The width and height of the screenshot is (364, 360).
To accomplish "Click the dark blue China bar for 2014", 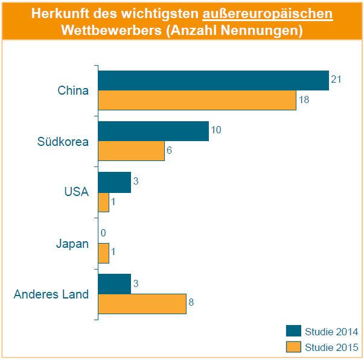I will pyautogui.click(x=213, y=80).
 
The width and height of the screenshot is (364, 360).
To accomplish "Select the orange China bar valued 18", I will pyautogui.click(x=197, y=100).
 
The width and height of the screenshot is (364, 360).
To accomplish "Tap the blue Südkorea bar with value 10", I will pyautogui.click(x=153, y=131).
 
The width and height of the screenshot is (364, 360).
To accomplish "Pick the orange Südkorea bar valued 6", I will pyautogui.click(x=131, y=151).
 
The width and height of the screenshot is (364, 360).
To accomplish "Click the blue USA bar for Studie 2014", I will pyautogui.click(x=114, y=182).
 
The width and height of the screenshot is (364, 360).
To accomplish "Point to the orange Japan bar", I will pyautogui.click(x=103, y=253).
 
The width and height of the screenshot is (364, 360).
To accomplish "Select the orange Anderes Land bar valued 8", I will pyautogui.click(x=142, y=304).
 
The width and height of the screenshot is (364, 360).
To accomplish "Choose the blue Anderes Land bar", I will pyautogui.click(x=114, y=284).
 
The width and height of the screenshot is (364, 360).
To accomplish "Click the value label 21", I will pyautogui.click(x=337, y=79).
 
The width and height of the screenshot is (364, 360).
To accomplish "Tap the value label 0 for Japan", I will pyautogui.click(x=103, y=233).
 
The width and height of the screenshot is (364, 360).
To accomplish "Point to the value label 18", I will pyautogui.click(x=304, y=99).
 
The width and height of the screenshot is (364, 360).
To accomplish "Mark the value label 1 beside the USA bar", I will pyautogui.click(x=114, y=202).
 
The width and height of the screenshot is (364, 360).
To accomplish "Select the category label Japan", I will pyautogui.click(x=72, y=244).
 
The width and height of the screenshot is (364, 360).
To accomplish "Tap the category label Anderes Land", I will pyautogui.click(x=51, y=294).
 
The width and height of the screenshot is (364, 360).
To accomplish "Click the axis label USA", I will pyautogui.click(x=77, y=192).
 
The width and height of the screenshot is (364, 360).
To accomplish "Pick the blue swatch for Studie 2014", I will pyautogui.click(x=293, y=331).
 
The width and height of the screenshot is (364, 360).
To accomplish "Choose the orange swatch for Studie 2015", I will pyautogui.click(x=293, y=347).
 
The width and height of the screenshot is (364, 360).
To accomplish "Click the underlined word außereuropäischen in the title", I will pyautogui.click(x=267, y=13).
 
